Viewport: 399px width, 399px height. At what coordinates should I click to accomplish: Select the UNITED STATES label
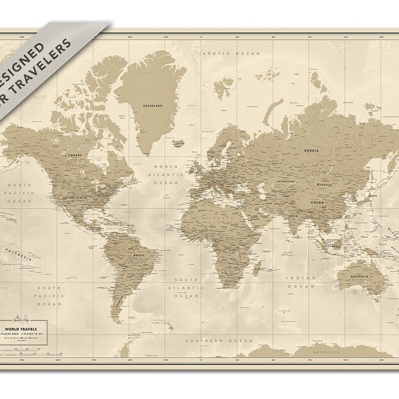(76, 198)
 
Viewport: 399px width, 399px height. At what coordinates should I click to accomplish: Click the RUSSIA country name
(311, 151)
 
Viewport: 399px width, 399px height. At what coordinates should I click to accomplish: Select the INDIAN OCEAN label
(301, 282)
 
